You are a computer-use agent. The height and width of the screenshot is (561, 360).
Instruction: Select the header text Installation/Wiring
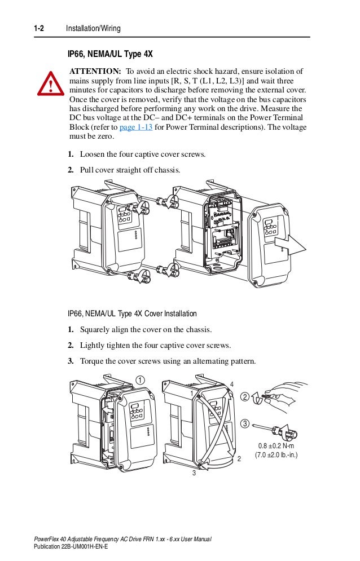point(93,28)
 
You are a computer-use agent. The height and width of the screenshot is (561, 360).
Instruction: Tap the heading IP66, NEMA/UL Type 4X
point(110,54)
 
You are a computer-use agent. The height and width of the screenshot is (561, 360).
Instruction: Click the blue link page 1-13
point(136,127)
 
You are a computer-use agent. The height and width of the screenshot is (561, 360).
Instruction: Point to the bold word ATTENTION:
point(95,72)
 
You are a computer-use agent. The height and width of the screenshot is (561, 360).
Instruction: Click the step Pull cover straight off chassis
point(130,170)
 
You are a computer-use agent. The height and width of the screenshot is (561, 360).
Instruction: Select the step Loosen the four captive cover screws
point(143,154)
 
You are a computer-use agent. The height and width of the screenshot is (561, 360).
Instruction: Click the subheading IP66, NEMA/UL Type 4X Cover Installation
point(132,313)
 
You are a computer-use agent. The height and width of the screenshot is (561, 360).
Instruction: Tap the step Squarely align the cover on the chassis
point(146,329)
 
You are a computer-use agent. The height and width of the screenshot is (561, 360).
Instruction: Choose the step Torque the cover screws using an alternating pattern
point(168,361)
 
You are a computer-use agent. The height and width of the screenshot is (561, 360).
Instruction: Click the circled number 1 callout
point(139,379)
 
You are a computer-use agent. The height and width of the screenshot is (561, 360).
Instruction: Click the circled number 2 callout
point(244,397)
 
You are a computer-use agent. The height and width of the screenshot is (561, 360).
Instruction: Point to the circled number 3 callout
point(244,423)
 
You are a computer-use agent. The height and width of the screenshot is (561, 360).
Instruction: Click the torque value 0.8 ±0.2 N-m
point(276,446)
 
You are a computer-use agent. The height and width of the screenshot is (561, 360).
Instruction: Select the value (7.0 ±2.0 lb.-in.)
point(276,455)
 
